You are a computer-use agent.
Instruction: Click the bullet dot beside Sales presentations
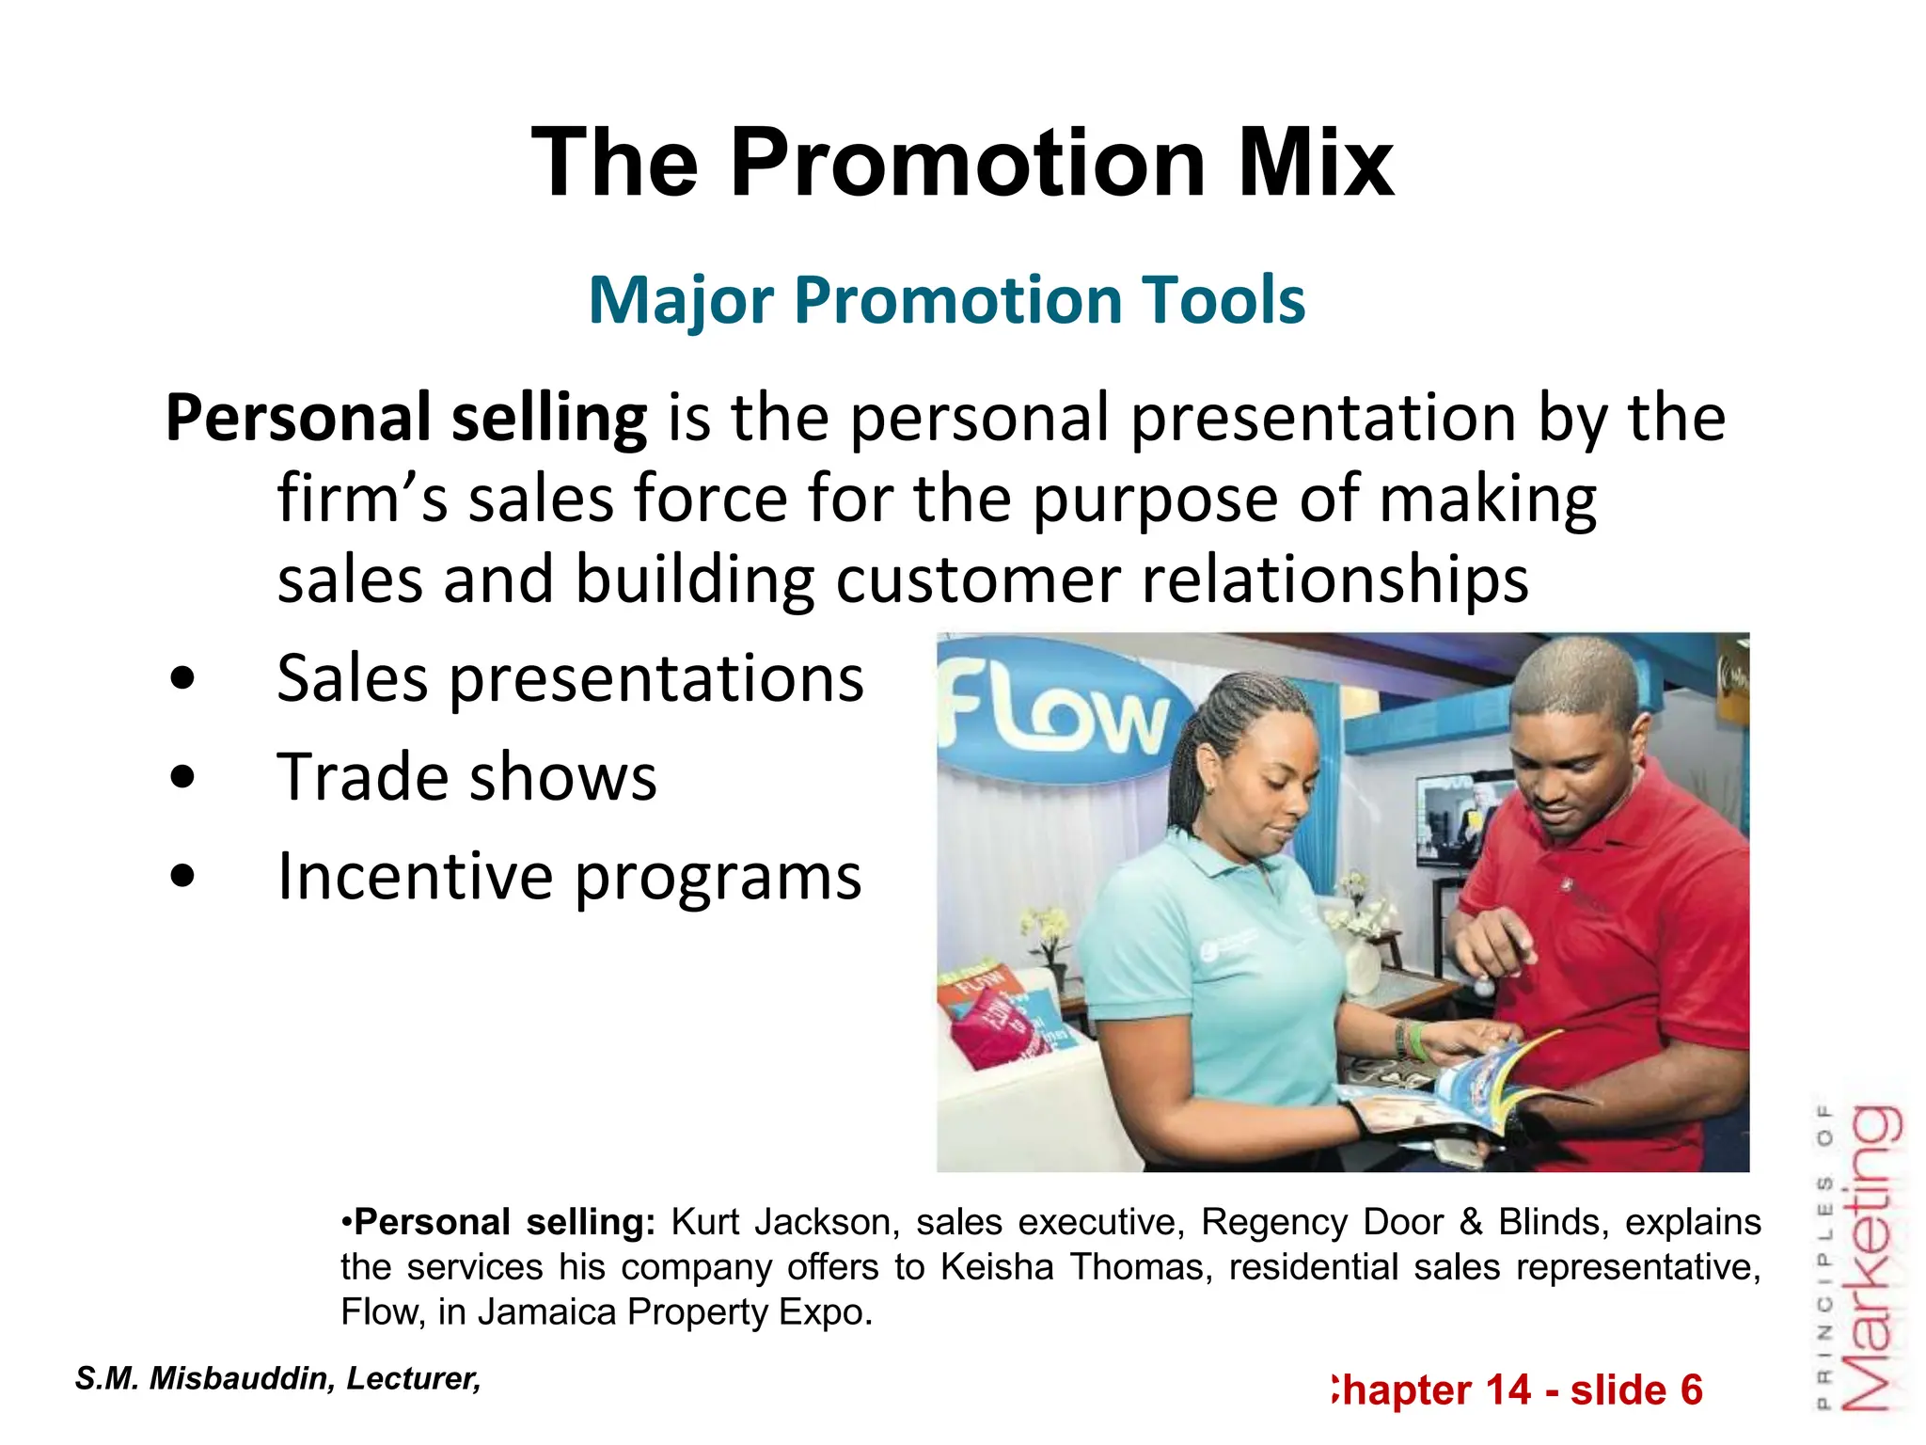pos(183,678)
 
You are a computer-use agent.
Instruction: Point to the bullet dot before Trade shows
pos(183,777)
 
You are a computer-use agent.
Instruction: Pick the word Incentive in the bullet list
pos(415,876)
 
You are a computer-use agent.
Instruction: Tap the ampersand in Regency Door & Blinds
pos(1472,1222)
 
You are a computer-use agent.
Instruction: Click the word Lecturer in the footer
pos(414,1378)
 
